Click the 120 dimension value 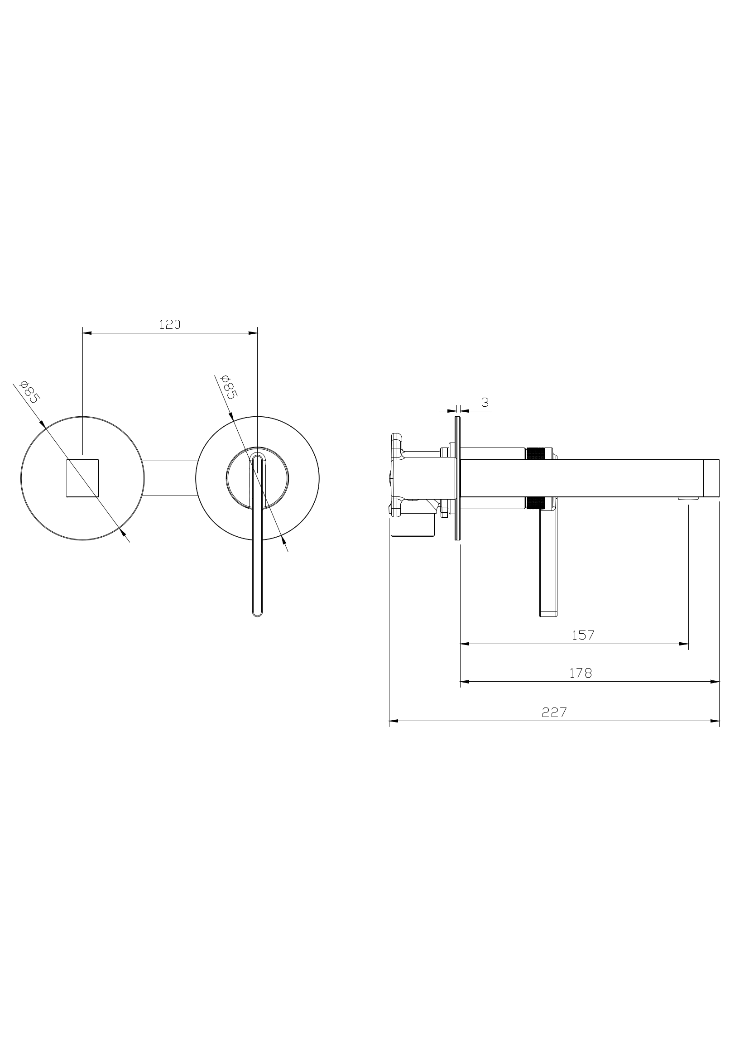tap(170, 325)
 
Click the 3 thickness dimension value tap(485, 402)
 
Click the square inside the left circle tap(82, 478)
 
